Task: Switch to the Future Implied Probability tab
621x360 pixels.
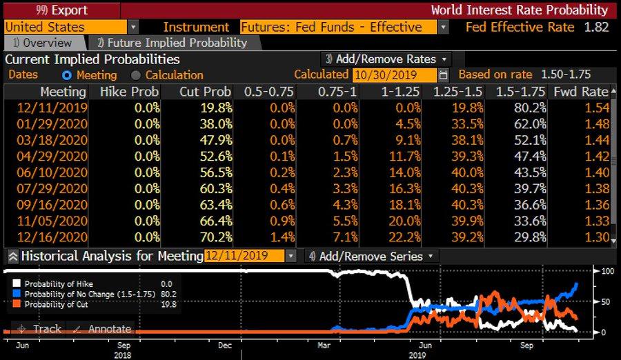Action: pyautogui.click(x=172, y=43)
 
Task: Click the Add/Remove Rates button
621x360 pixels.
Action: pyautogui.click(x=387, y=59)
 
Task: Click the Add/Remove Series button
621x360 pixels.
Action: pyautogui.click(x=372, y=256)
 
